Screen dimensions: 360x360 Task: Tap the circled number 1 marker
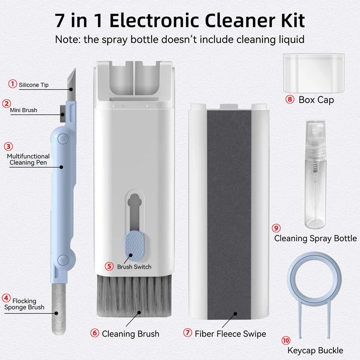click(x=13, y=84)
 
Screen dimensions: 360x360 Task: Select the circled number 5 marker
click(x=109, y=266)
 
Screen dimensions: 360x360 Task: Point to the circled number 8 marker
click(x=290, y=99)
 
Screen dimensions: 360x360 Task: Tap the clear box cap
click(x=313, y=72)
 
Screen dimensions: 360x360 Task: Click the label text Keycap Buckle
click(x=315, y=350)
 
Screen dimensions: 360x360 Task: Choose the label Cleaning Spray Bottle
click(x=315, y=238)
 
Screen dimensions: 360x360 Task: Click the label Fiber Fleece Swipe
click(x=230, y=334)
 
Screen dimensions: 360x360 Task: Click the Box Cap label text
click(x=316, y=100)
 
